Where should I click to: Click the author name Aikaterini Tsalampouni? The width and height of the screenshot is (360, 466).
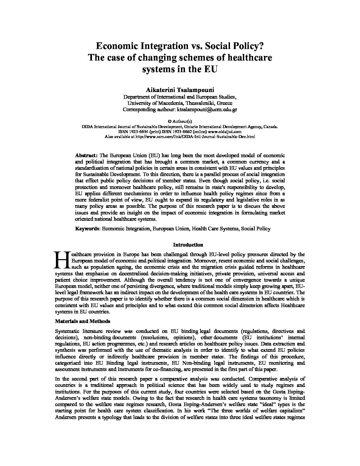pyautogui.click(x=180, y=90)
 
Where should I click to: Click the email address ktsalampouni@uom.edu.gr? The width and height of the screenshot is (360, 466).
pyautogui.click(x=207, y=109)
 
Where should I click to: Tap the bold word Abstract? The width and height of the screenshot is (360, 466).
pyautogui.click(x=86, y=155)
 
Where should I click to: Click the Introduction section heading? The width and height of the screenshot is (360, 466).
pyautogui.click(x=188, y=245)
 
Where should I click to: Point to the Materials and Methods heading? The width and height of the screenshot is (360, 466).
pyautogui.click(x=82, y=321)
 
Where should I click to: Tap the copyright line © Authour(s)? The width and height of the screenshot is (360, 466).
pyautogui.click(x=180, y=122)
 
